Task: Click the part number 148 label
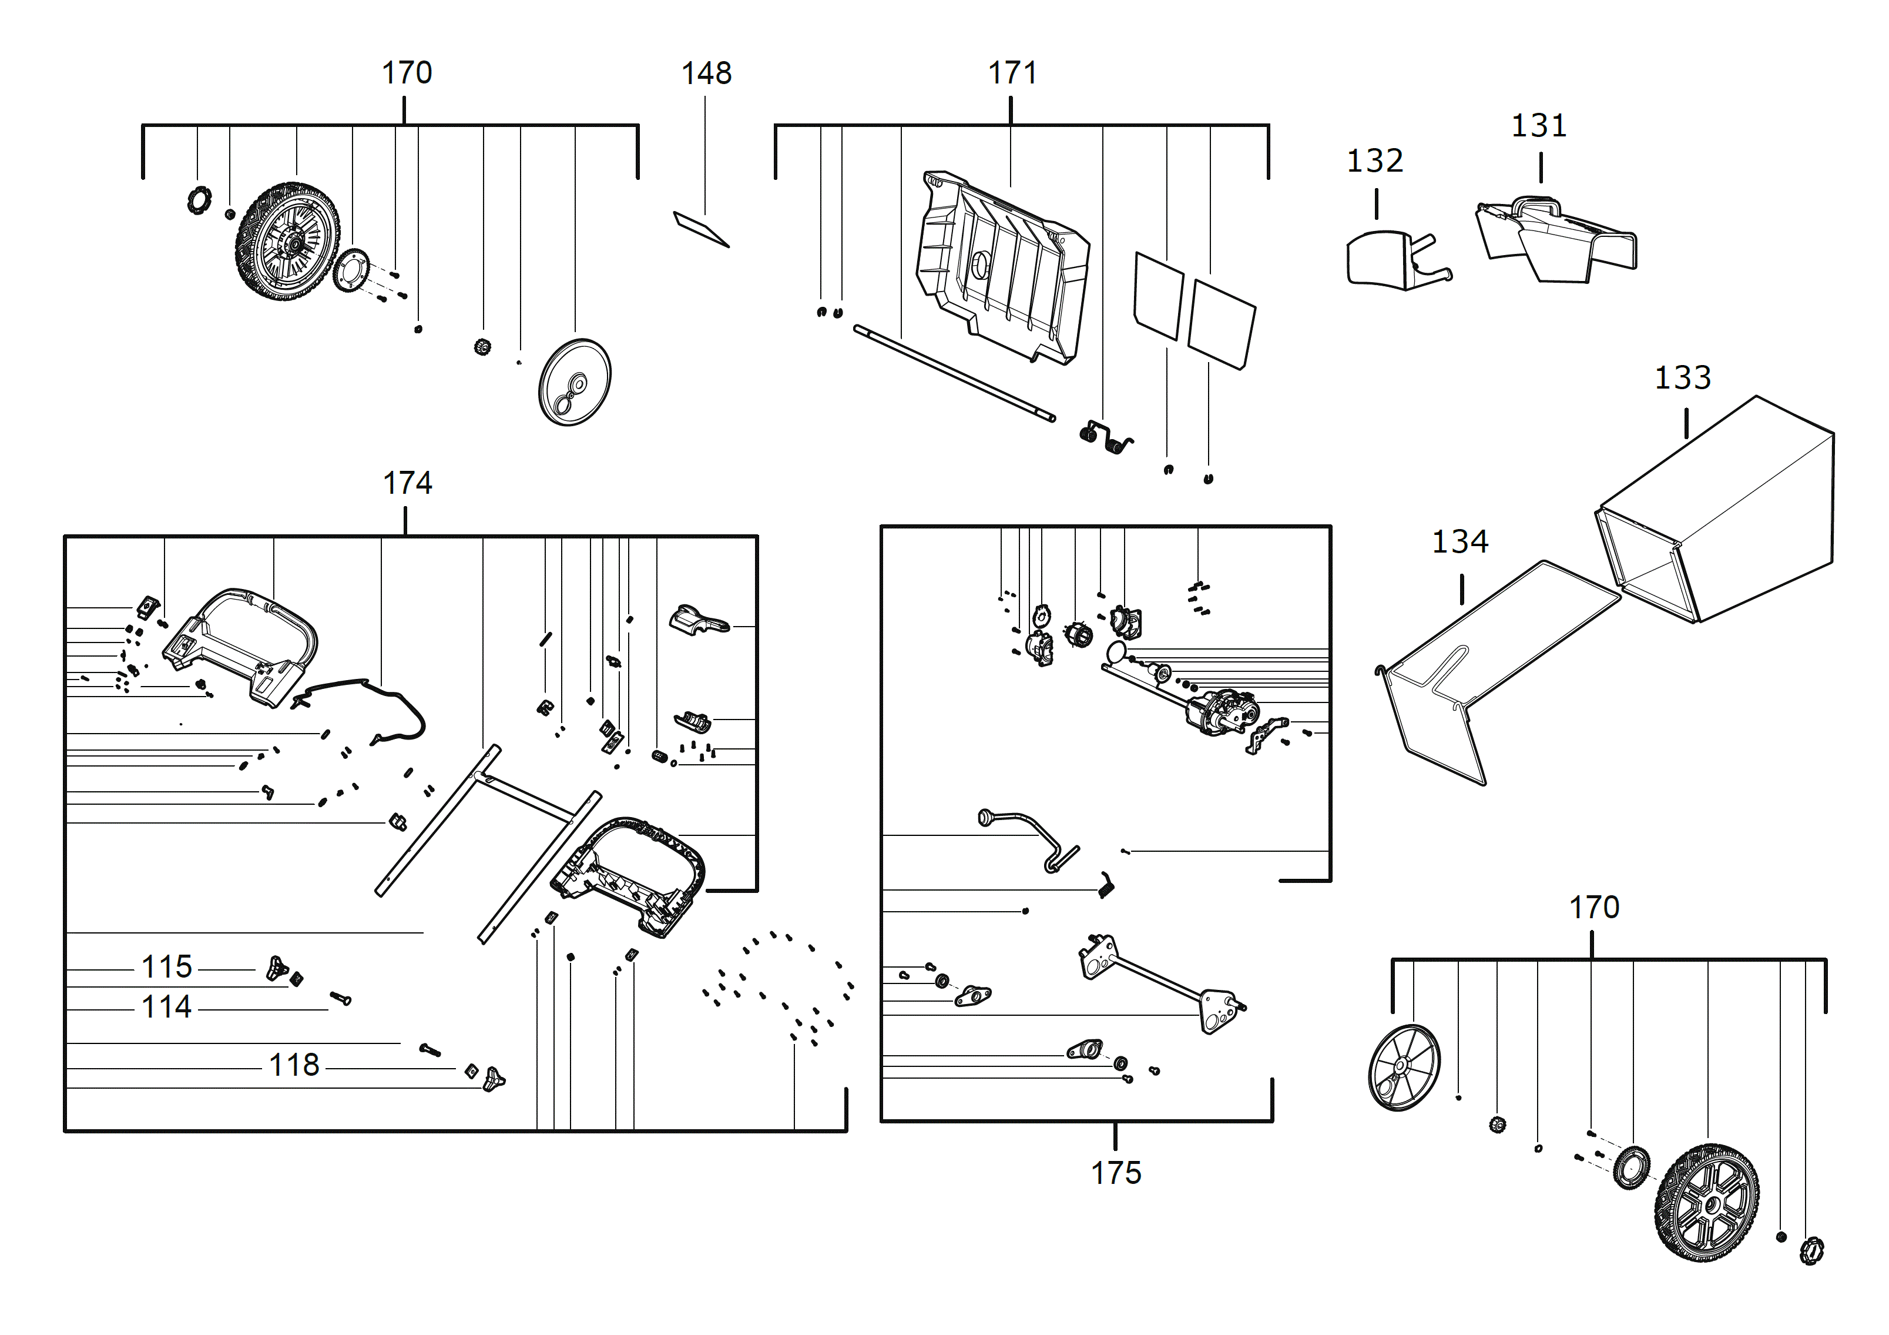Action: [x=706, y=73]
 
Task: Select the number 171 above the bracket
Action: [x=1011, y=73]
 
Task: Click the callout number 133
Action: [x=1683, y=378]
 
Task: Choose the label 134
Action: [x=1459, y=541]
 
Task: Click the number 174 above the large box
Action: [x=407, y=483]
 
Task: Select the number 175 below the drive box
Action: [x=1116, y=1173]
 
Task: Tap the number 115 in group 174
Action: [x=167, y=967]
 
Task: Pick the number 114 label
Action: [x=167, y=1006]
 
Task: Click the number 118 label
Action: [x=294, y=1065]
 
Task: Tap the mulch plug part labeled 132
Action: [x=1390, y=259]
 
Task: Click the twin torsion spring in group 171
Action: [x=1105, y=437]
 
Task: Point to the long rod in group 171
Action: [x=954, y=373]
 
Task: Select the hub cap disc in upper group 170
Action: [x=574, y=383]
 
